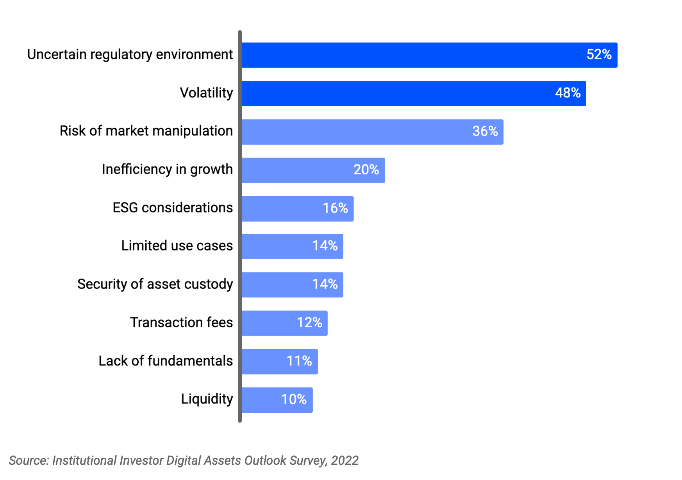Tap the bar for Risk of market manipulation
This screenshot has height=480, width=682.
click(352, 132)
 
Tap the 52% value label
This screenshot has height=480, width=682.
click(599, 54)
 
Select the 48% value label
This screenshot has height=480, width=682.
click(568, 93)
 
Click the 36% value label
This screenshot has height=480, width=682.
click(485, 131)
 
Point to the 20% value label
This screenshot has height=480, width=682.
click(366, 169)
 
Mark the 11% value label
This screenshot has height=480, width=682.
click(299, 361)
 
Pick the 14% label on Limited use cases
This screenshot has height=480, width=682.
click(325, 245)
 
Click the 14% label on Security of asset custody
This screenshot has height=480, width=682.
click(325, 284)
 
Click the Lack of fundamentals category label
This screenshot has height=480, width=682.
click(165, 361)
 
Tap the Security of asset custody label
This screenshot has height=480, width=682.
click(155, 284)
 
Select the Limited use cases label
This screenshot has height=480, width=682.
click(177, 246)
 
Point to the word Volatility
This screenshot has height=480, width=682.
click(206, 93)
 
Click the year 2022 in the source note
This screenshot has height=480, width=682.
click(345, 460)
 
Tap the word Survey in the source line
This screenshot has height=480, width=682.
click(307, 461)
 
